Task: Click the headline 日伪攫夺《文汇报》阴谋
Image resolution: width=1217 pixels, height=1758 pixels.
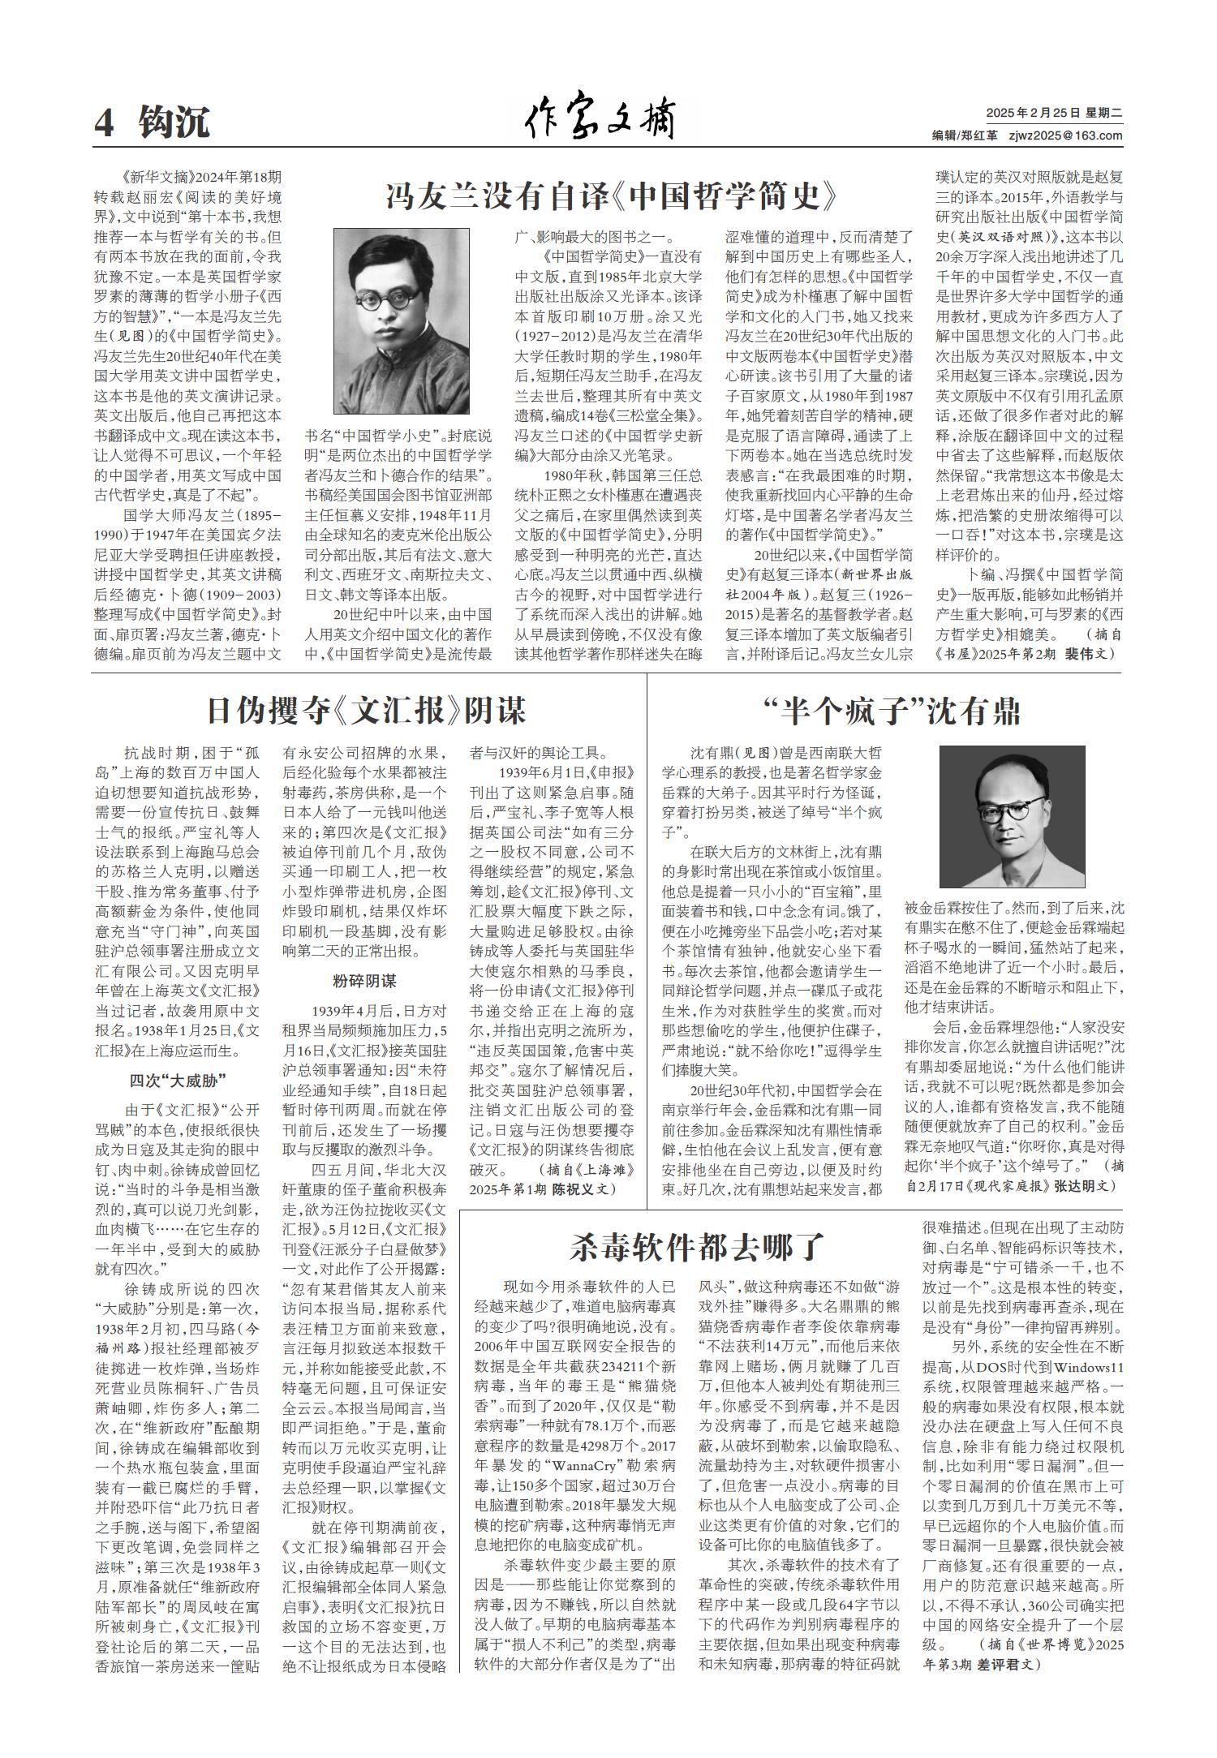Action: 366,711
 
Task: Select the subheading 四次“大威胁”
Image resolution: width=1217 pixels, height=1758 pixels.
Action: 177,1080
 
